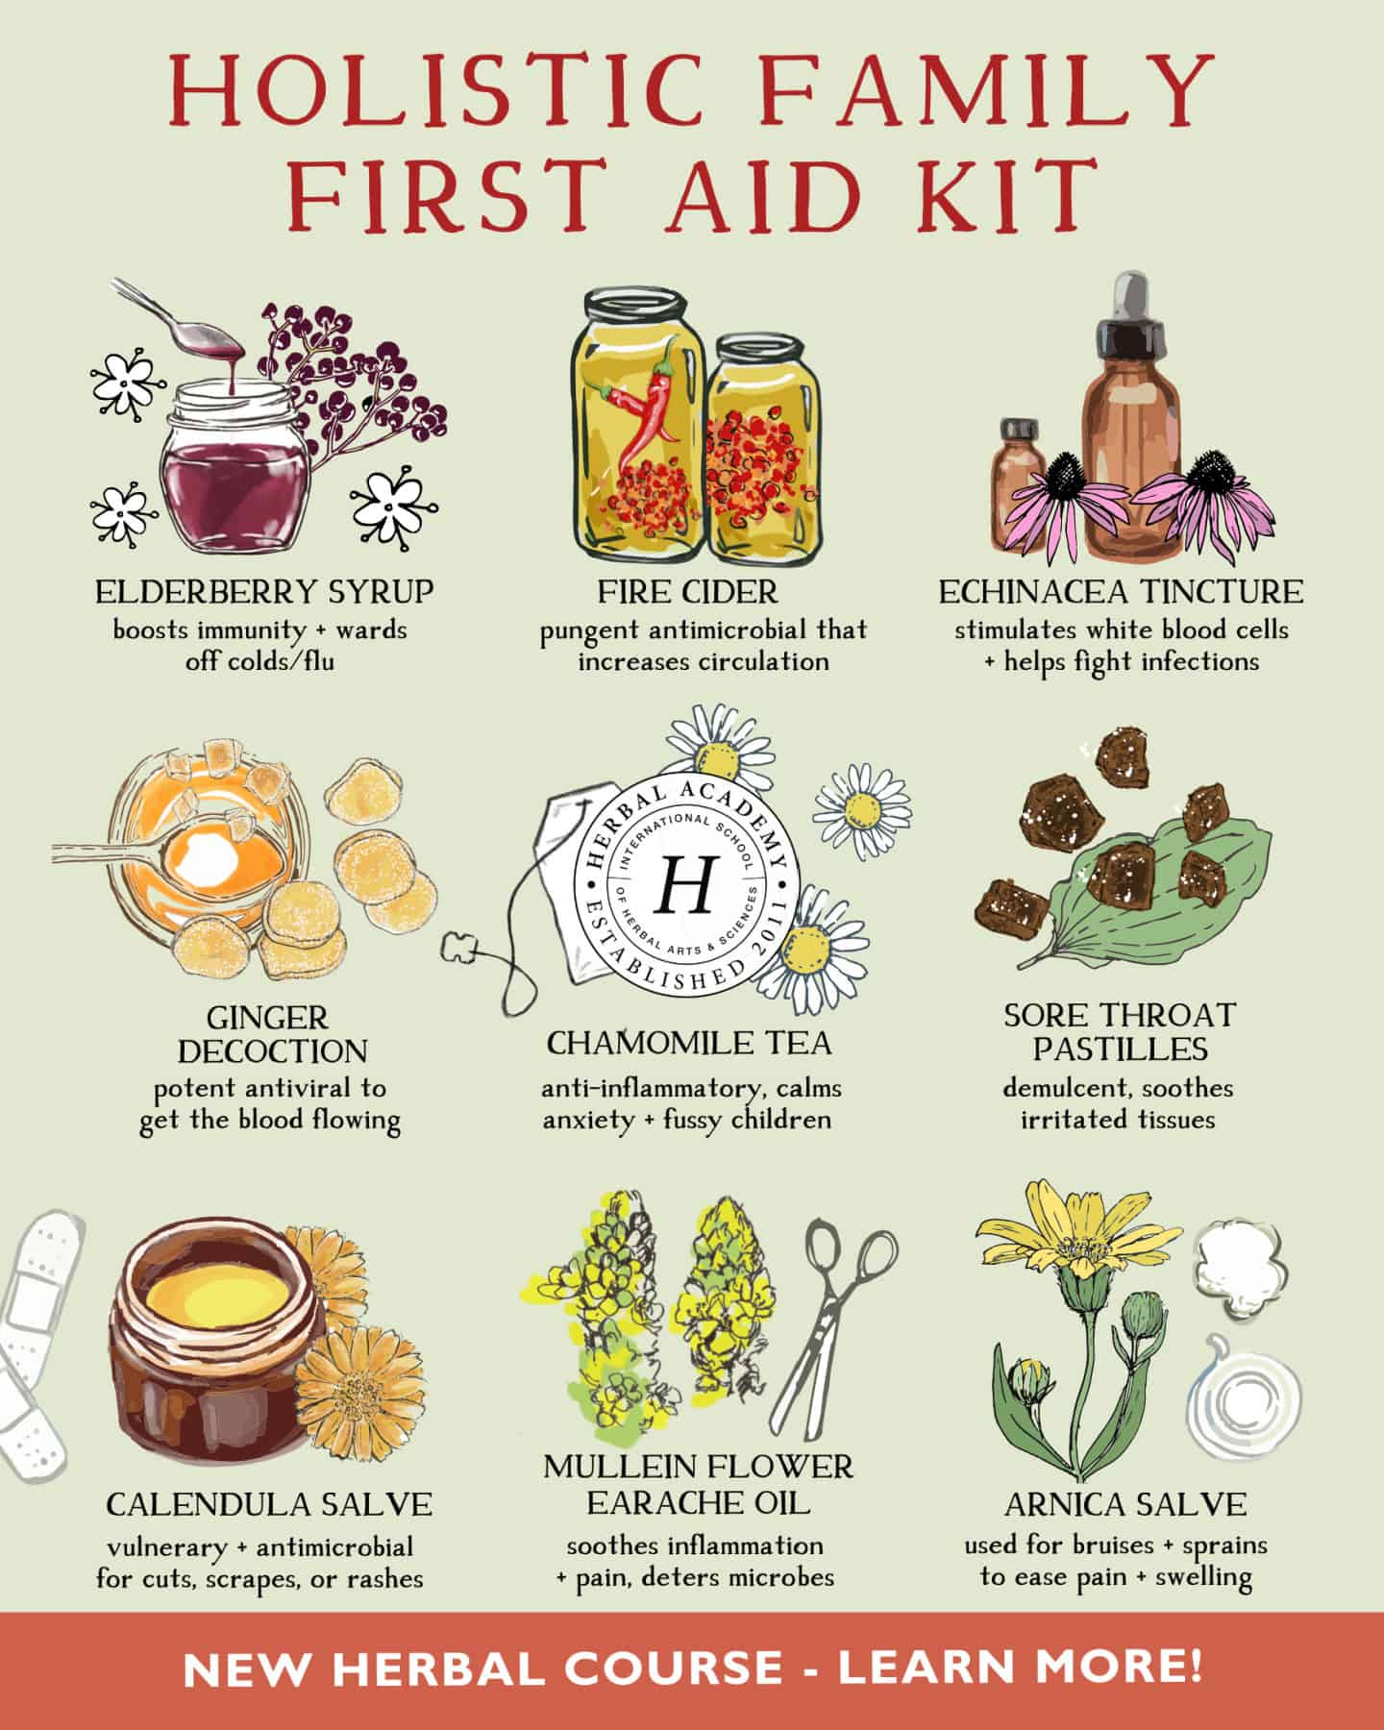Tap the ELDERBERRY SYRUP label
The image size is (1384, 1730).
[264, 591]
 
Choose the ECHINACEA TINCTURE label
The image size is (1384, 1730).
[1121, 591]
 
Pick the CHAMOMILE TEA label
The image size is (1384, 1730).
[689, 1042]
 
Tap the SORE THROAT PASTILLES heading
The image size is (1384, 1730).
[1120, 1029]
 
